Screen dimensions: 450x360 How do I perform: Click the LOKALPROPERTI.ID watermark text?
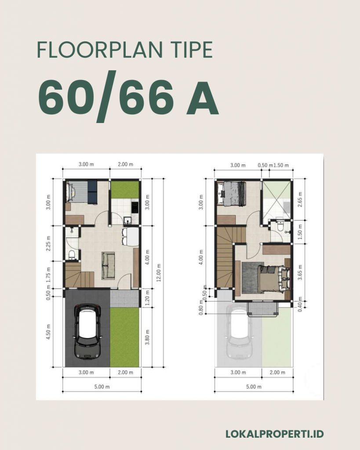click(x=275, y=434)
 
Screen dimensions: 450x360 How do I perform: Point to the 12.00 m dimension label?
click(x=159, y=273)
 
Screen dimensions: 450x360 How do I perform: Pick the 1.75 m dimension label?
click(x=49, y=274)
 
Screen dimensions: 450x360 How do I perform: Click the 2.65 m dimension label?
click(x=300, y=199)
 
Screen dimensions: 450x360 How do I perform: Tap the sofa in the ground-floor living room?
click(x=108, y=265)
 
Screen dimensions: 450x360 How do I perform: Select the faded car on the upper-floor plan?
click(x=239, y=332)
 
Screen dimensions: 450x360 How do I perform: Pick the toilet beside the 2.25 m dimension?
click(x=72, y=254)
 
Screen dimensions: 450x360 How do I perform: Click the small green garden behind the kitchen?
click(x=124, y=189)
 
